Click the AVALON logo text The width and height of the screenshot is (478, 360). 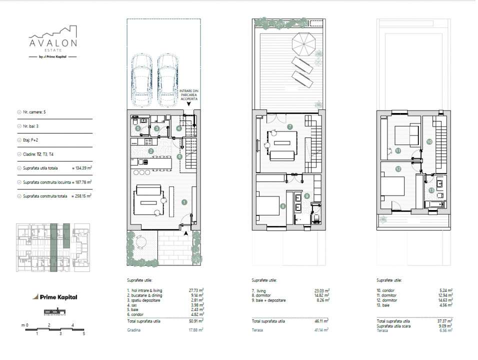(52, 43)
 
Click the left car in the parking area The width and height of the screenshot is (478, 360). (141, 80)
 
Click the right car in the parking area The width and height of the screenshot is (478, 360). (168, 80)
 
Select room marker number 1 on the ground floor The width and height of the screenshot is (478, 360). (184, 202)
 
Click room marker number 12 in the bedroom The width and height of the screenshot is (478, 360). (398, 169)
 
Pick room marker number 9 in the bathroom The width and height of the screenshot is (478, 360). (307, 196)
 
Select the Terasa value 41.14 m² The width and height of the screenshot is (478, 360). (320, 330)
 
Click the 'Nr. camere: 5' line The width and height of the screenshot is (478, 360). (37, 113)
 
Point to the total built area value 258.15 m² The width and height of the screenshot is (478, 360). (81, 196)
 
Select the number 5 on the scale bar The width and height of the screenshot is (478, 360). (84, 333)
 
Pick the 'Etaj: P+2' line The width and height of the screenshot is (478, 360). (34, 141)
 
